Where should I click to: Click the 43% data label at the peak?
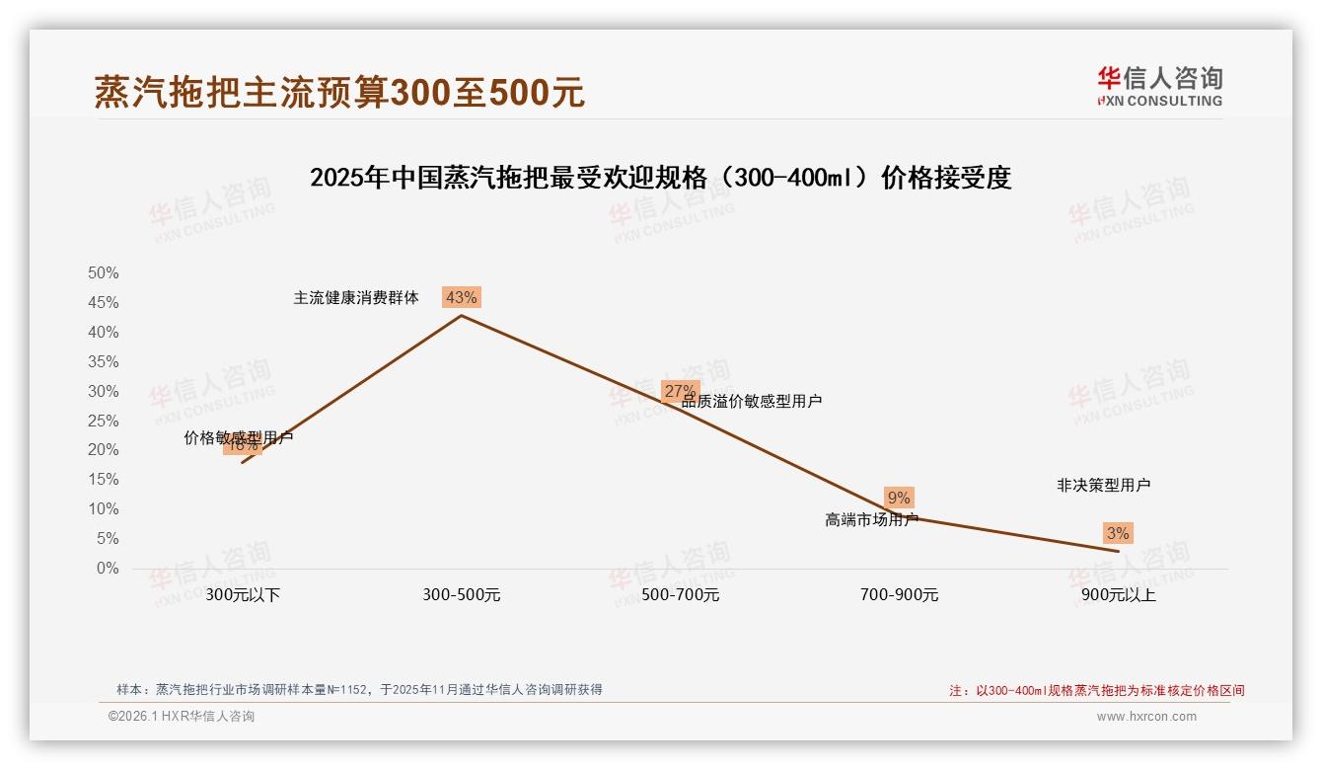(461, 297)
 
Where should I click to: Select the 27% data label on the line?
(680, 391)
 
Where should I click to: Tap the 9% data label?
(899, 498)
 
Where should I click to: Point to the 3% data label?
(1118, 533)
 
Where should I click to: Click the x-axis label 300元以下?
(243, 595)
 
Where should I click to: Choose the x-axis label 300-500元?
(462, 595)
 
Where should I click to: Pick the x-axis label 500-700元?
(681, 595)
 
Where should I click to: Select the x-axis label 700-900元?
(900, 595)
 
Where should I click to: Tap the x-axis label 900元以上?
(1118, 595)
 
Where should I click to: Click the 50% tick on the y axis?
(104, 272)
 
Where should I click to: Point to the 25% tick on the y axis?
(104, 421)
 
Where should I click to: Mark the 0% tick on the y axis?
(108, 569)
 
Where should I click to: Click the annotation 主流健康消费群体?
(356, 297)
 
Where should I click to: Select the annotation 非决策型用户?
(1103, 485)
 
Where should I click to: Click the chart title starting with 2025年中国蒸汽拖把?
(660, 179)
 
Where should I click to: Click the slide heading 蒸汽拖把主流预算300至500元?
(339, 92)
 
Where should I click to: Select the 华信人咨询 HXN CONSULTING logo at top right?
(1159, 86)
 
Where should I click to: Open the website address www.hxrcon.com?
(1146, 717)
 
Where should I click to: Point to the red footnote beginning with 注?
(1096, 690)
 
